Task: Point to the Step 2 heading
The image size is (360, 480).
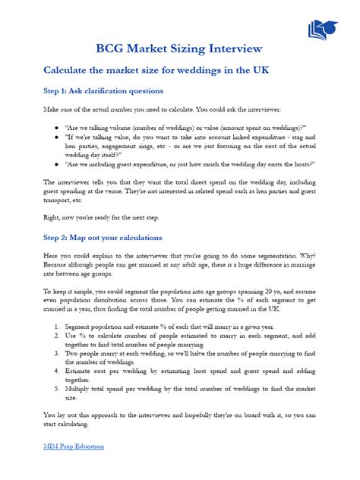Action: (x=103, y=238)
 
